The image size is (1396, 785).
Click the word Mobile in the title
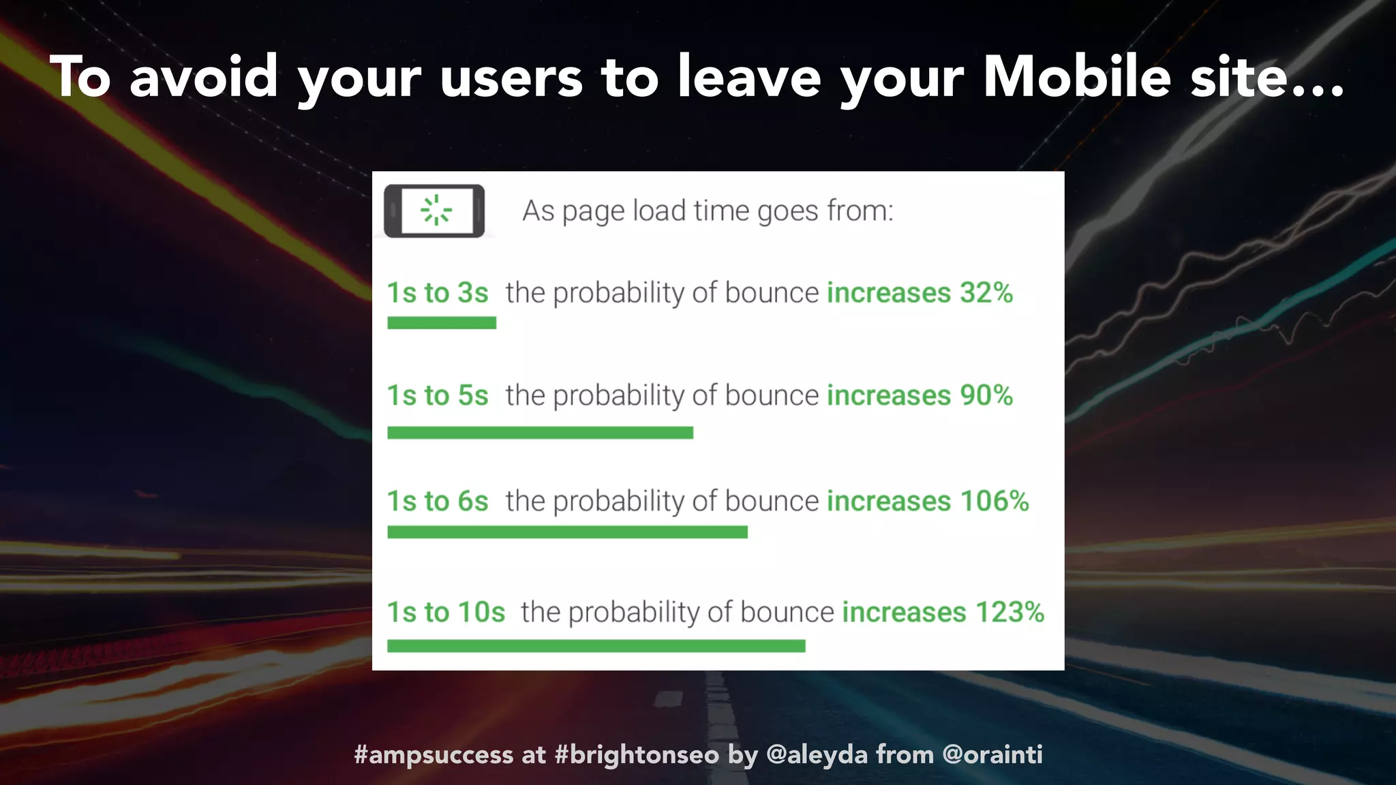coord(1077,76)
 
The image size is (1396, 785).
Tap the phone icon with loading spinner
coord(434,211)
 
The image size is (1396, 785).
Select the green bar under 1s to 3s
coord(442,323)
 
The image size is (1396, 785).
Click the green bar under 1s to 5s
coord(540,433)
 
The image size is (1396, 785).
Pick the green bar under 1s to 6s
coord(567,532)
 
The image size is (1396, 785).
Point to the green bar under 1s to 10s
coord(596,645)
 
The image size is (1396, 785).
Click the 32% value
coord(986,293)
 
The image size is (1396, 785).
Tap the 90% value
coord(986,395)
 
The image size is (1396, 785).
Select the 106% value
coord(995,501)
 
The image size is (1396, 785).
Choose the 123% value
coord(1010,612)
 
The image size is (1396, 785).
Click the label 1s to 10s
coord(446,612)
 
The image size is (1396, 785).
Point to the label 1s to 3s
coord(438,293)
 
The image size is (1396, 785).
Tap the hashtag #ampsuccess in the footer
coord(434,755)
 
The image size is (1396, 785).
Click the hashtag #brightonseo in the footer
coord(637,755)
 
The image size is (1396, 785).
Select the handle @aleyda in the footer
coord(817,755)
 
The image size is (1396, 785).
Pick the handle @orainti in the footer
coord(992,755)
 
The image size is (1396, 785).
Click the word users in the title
coord(511,78)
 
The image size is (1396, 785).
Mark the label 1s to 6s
coord(438,501)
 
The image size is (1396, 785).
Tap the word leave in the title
coord(749,76)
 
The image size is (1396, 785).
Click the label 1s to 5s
coord(438,395)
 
